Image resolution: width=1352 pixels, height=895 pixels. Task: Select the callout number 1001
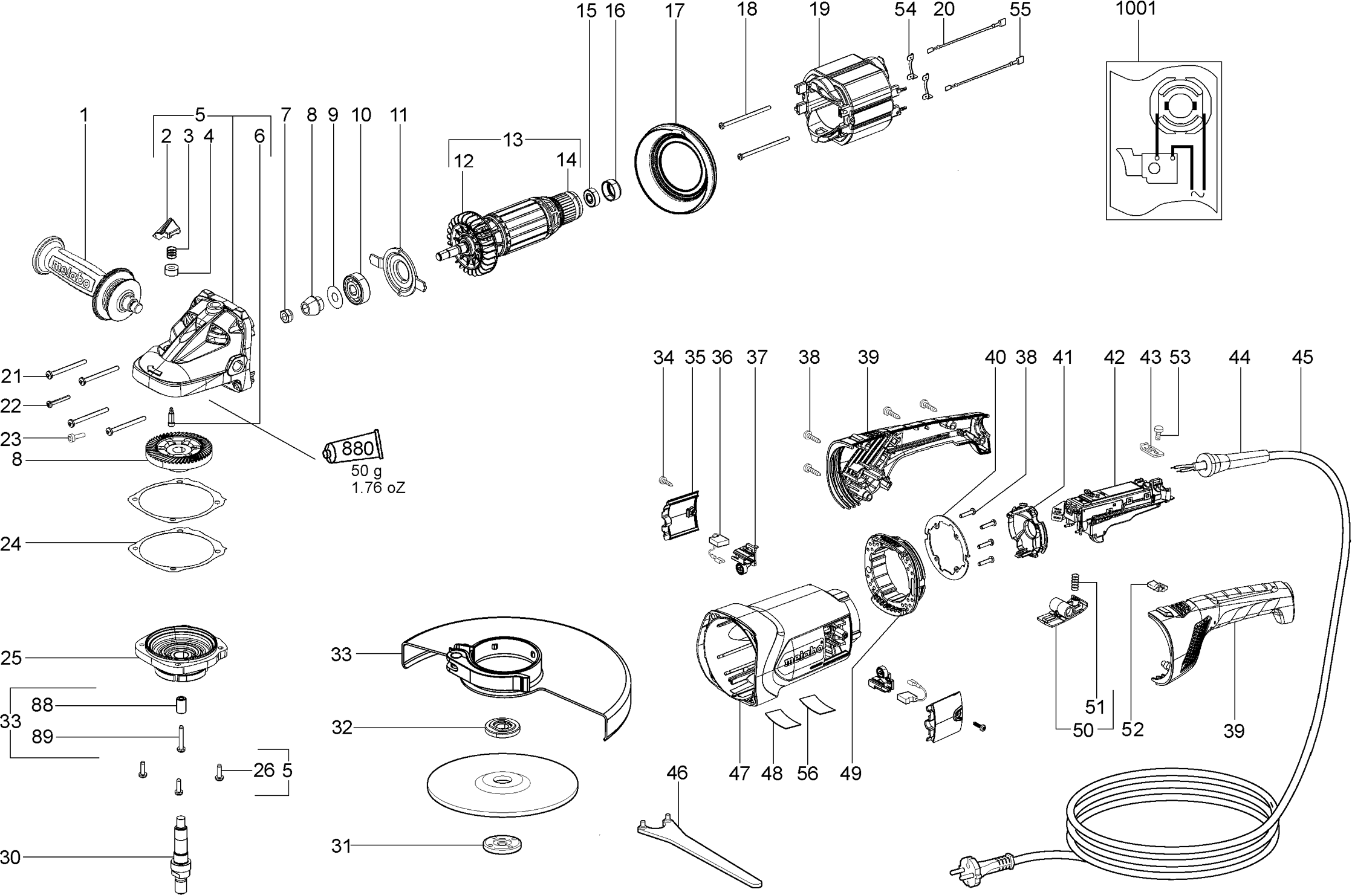coord(1136,9)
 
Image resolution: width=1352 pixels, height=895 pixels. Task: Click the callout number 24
coord(11,544)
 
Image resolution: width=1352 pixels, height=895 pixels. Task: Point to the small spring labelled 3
coord(173,252)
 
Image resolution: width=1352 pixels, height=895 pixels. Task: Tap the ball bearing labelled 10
coord(356,289)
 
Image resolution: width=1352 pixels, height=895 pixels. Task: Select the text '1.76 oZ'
coord(379,488)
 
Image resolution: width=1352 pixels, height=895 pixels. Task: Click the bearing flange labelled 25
coord(181,654)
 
